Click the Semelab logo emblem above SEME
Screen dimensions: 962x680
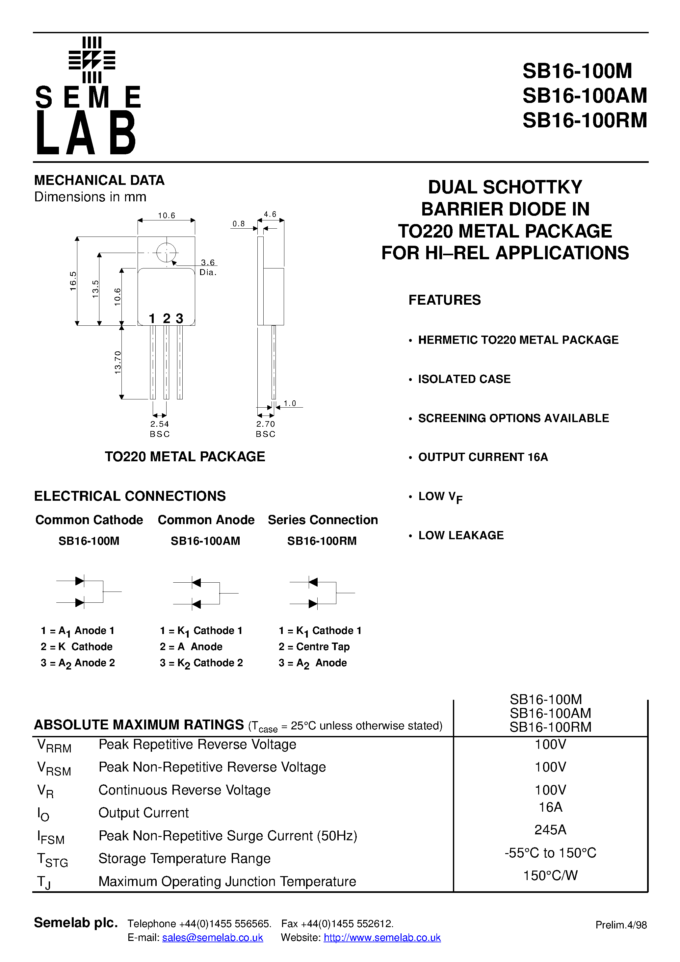[x=92, y=60]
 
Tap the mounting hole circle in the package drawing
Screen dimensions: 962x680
[x=166, y=253]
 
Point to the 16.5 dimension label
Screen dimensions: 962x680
[x=73, y=281]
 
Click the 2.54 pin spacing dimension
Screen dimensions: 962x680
[x=159, y=424]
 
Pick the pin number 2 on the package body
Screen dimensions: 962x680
[x=167, y=318]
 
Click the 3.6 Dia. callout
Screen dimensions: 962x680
[x=208, y=267]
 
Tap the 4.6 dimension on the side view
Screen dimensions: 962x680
[x=270, y=215]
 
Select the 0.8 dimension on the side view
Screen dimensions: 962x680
[x=239, y=224]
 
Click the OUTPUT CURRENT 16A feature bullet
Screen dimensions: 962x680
[x=483, y=457]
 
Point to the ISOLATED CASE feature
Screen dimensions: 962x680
[x=464, y=379]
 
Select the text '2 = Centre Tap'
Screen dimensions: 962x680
[x=314, y=646]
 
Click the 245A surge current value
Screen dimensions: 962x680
[x=550, y=830]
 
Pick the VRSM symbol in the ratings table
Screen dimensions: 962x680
[x=54, y=768]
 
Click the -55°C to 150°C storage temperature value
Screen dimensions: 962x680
[x=550, y=853]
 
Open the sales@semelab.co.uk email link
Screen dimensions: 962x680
[x=213, y=938]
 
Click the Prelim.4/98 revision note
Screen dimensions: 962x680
[x=621, y=925]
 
